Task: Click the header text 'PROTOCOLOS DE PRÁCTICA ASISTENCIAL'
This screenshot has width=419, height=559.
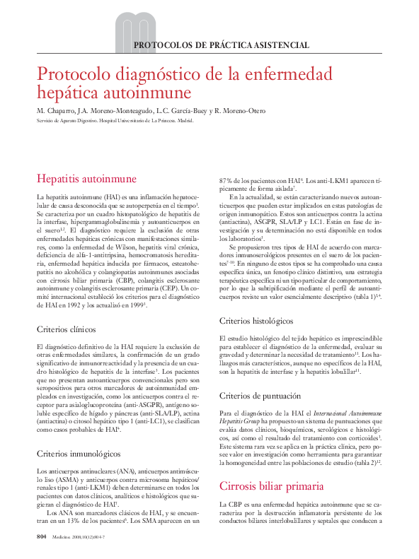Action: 222,45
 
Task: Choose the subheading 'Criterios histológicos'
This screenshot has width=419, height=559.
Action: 257,321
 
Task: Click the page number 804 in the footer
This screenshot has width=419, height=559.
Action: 41,538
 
